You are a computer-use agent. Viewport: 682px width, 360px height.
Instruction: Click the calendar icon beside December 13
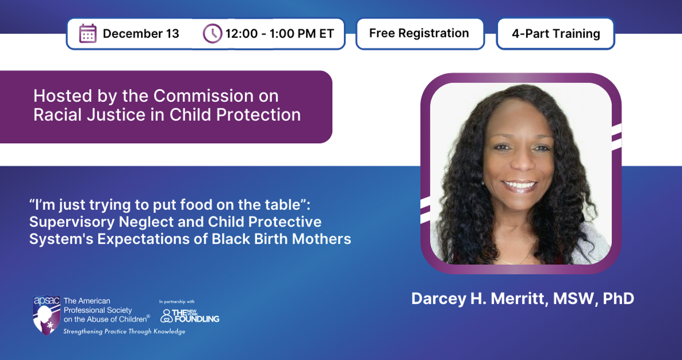coord(88,33)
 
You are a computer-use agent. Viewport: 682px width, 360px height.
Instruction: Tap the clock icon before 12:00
coord(212,33)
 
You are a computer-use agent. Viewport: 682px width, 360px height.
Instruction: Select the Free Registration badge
coord(420,33)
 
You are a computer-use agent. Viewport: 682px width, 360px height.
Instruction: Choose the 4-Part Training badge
coord(555,33)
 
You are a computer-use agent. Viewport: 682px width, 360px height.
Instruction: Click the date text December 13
coord(141,33)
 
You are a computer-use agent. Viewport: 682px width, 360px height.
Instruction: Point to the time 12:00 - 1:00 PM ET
coord(279,33)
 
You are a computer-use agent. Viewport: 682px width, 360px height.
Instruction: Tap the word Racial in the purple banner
coord(56,115)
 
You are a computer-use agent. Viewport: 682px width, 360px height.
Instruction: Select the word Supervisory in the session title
coord(72,222)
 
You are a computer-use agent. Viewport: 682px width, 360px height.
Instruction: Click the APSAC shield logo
coord(47,315)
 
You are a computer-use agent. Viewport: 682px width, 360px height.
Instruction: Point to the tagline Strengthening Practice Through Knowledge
coord(124,331)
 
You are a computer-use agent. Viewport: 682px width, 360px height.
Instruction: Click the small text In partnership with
coord(177,301)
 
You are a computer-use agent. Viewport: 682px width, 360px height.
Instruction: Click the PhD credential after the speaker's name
coord(619,298)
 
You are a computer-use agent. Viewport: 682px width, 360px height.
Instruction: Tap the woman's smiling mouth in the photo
coord(520,185)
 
